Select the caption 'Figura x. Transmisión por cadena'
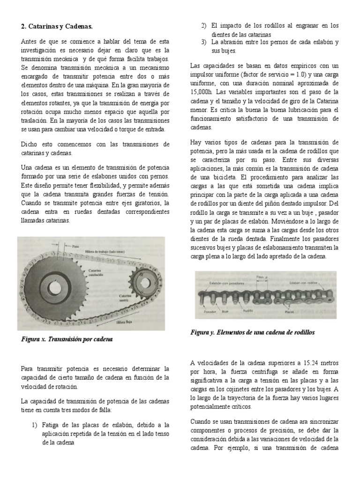coord(67,338)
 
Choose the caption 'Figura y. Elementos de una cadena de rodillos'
coord(253,332)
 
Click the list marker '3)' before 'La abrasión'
coord(204,42)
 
